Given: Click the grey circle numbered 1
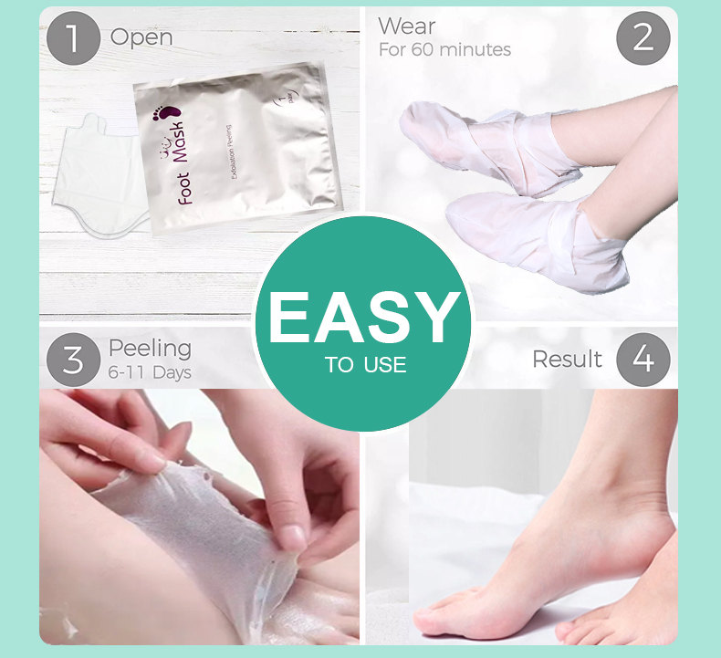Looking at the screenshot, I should (73, 38).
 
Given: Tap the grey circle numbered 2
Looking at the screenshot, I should (643, 38).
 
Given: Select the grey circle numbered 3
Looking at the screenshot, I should (73, 360).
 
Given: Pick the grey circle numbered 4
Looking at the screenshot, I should (643, 360).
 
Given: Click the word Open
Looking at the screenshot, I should (141, 37).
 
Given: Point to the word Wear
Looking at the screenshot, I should (407, 26).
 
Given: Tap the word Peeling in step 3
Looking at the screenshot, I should (150, 348).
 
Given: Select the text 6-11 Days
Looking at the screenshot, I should (150, 372).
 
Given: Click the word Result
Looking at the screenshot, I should (567, 359).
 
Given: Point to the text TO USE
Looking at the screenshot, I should (365, 366).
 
